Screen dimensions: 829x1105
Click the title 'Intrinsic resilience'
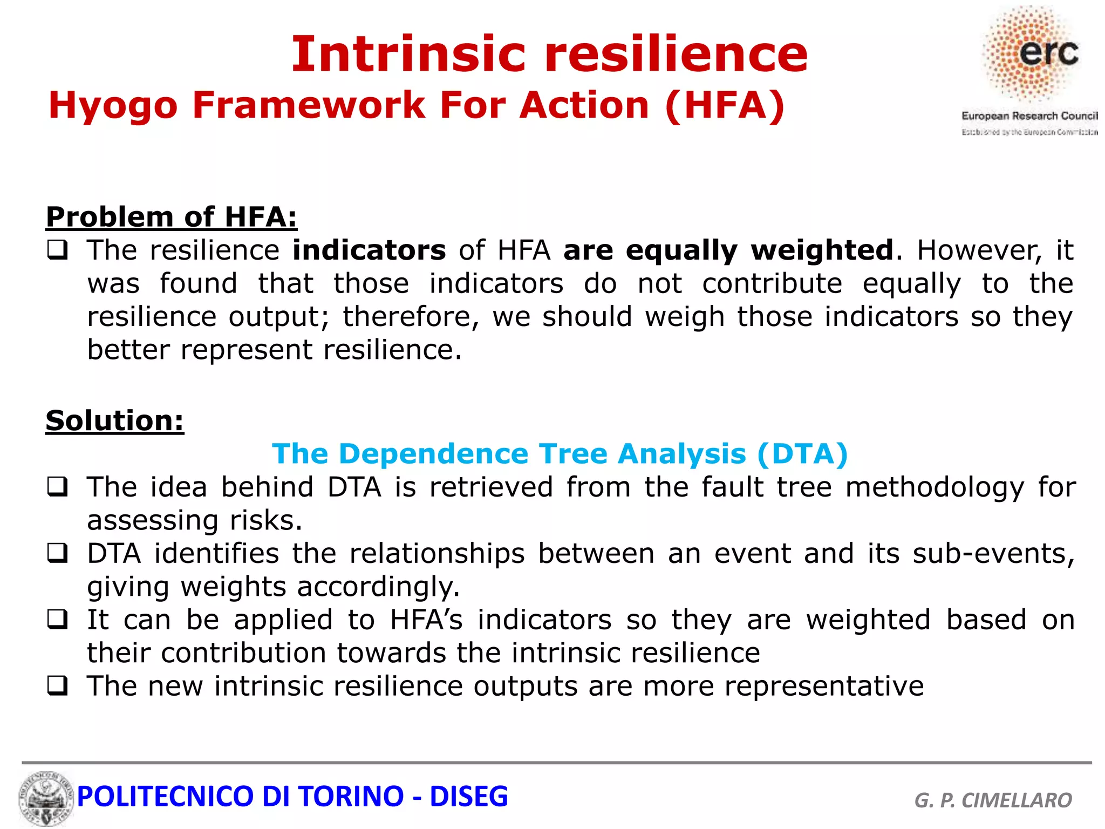point(549,54)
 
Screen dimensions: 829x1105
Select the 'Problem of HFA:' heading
point(172,217)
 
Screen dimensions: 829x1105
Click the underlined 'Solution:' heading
point(114,420)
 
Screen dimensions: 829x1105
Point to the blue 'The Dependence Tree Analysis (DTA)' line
point(560,454)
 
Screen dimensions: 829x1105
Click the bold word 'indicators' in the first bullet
point(369,250)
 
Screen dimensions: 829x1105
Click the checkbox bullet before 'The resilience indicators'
point(57,250)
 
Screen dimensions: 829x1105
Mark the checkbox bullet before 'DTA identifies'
point(57,553)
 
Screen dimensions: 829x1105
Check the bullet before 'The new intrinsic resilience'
point(57,686)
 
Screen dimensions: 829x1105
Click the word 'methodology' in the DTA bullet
point(935,487)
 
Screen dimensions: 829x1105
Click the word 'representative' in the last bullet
point(823,687)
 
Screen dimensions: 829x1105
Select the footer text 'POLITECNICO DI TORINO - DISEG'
point(292,797)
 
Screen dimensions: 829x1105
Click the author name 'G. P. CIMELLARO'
point(993,800)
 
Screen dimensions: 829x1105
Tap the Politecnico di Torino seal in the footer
point(46,798)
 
